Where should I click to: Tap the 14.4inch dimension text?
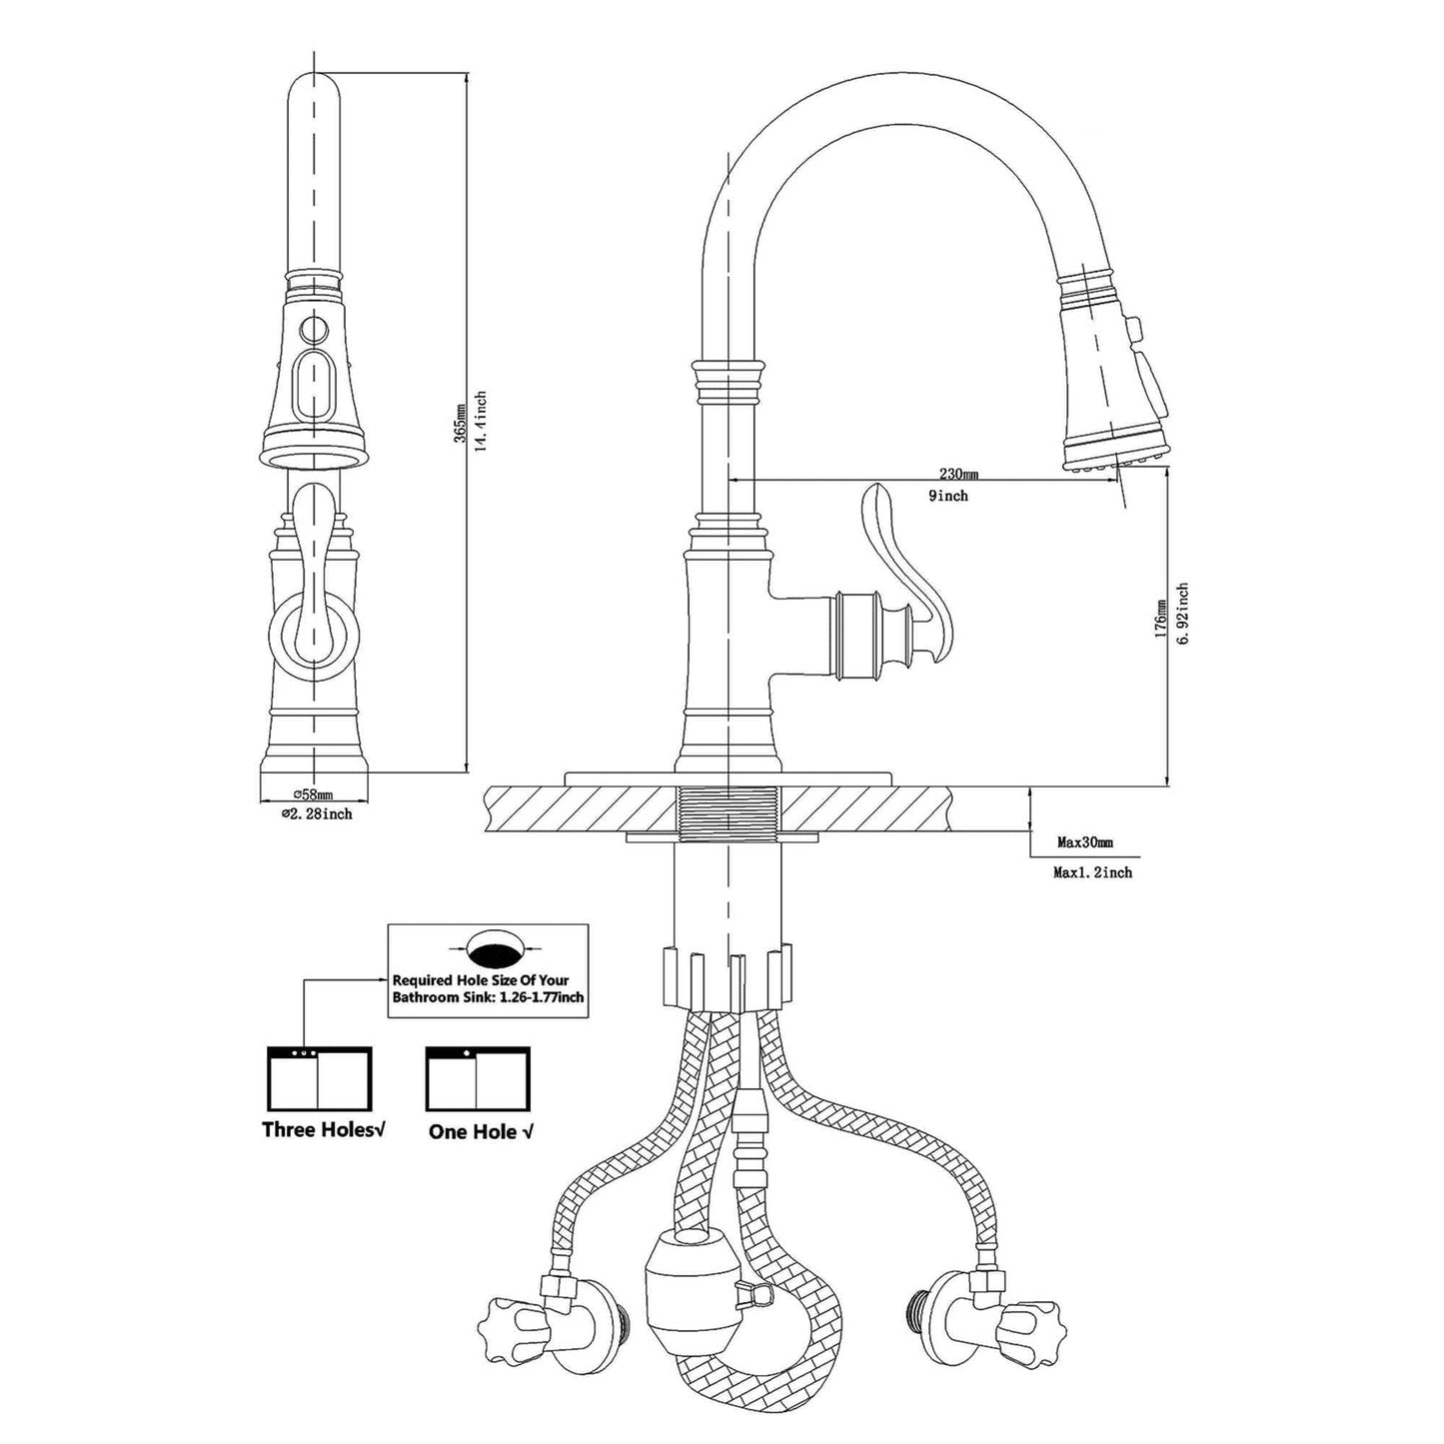click(481, 421)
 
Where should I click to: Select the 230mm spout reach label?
click(957, 473)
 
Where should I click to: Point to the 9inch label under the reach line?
click(946, 496)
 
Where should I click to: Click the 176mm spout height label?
click(1160, 620)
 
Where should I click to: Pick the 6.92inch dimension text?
click(1182, 614)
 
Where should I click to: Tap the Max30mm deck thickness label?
click(1084, 843)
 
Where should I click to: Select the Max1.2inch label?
click(1092, 872)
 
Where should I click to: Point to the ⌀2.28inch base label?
click(316, 814)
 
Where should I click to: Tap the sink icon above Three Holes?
click(319, 1078)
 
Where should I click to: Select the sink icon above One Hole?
click(478, 1078)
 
